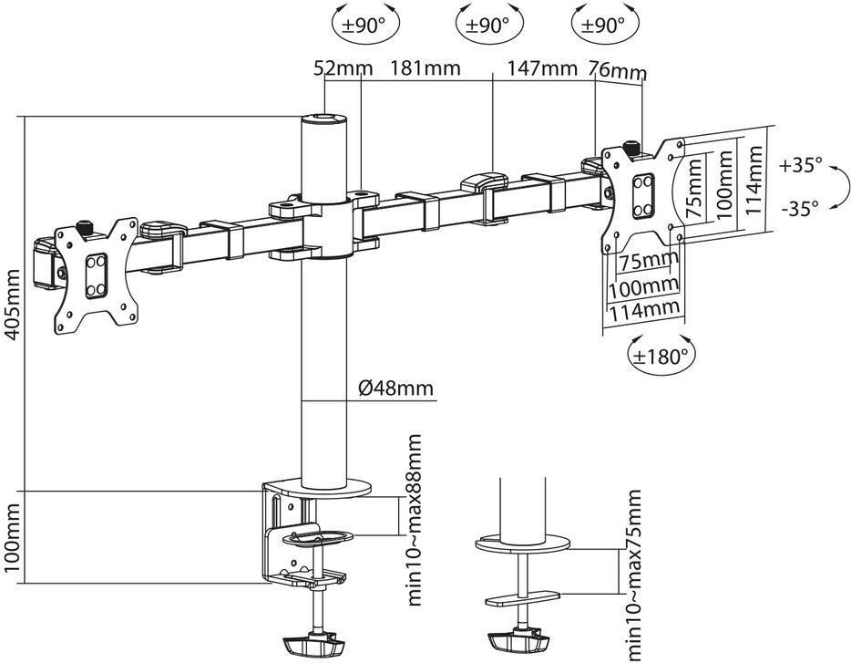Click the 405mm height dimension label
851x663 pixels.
(x=13, y=304)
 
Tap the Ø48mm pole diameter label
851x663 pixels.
(x=396, y=388)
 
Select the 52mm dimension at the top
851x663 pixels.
(x=343, y=68)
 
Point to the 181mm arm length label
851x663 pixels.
(x=425, y=67)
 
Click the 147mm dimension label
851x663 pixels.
(x=541, y=67)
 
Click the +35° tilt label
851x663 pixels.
(x=801, y=165)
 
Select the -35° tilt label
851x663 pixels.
(x=800, y=208)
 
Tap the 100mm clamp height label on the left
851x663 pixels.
(x=13, y=537)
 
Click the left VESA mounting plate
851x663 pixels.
(x=97, y=275)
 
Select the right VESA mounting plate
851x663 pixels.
(x=643, y=197)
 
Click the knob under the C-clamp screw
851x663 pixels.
(x=314, y=646)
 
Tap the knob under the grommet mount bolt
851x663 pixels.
(x=517, y=642)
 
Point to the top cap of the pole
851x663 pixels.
(x=323, y=119)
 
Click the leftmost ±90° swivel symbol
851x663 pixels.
(x=365, y=25)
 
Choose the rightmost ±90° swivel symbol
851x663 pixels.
(x=605, y=25)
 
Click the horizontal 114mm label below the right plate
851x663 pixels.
(x=643, y=310)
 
